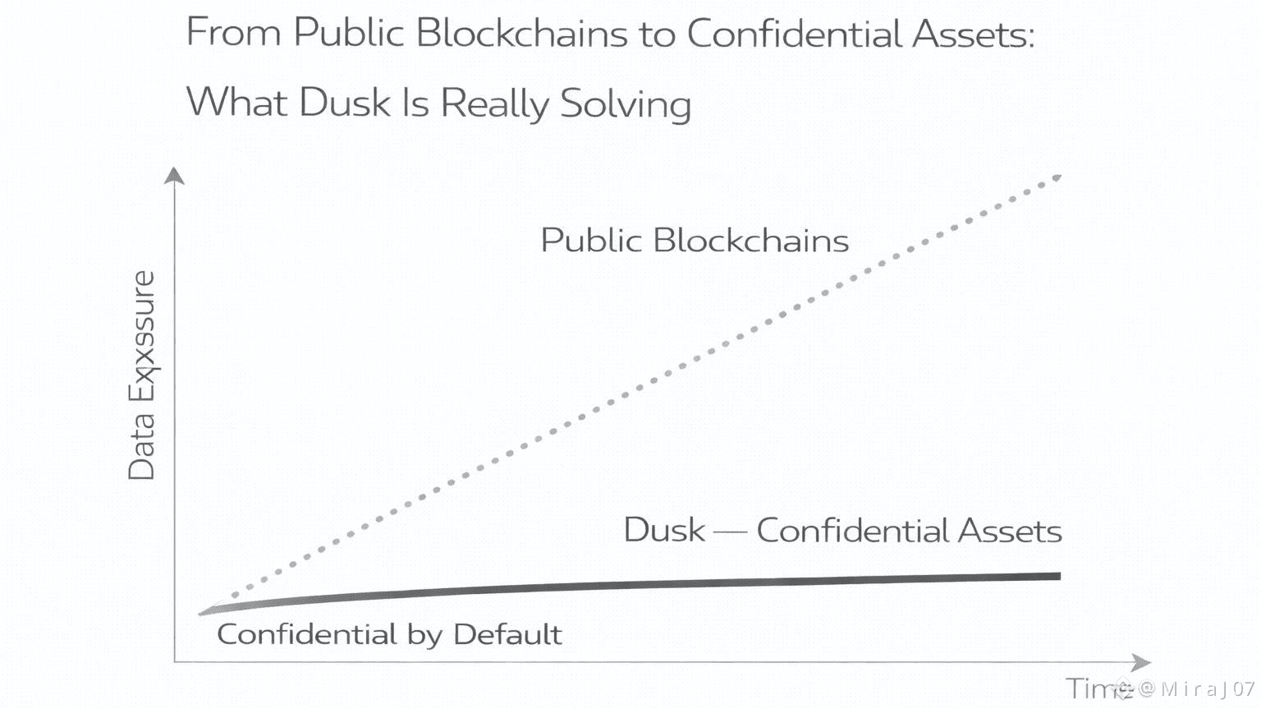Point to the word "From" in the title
point(233,34)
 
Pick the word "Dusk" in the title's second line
point(344,104)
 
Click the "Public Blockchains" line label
point(695,241)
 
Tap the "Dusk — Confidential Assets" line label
point(842,530)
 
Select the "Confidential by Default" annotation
point(389,634)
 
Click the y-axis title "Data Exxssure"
point(142,375)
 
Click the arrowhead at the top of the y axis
point(174,175)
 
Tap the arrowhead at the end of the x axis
point(1142,662)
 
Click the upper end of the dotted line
point(1057,177)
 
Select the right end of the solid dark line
point(1058,576)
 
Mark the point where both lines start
point(203,612)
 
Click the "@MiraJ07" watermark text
point(1198,688)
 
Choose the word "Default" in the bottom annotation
point(507,634)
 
